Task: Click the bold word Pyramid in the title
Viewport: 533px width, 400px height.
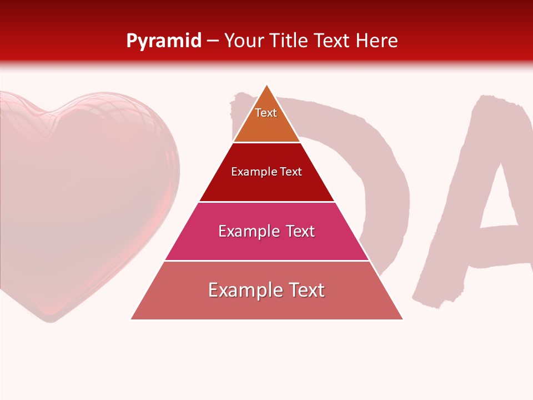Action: tap(163, 41)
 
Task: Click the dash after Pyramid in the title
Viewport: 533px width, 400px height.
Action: tap(213, 41)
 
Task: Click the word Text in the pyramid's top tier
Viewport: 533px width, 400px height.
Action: tap(266, 113)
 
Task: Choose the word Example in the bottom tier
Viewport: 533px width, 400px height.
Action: tap(243, 290)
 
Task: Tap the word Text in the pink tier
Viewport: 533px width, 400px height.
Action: tap(300, 231)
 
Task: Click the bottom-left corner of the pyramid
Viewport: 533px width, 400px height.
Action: tap(131, 319)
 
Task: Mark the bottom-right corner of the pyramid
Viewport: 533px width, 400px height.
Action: tap(403, 319)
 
